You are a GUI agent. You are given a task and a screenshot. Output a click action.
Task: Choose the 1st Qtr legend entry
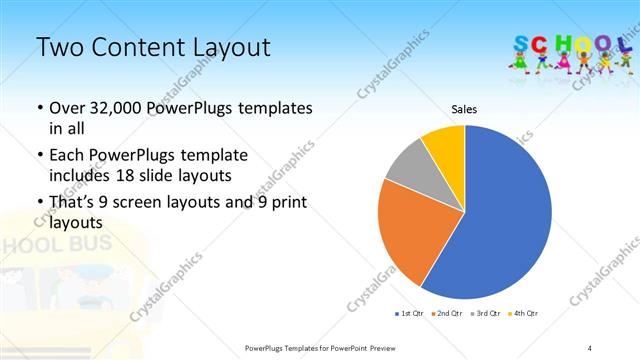pyautogui.click(x=411, y=314)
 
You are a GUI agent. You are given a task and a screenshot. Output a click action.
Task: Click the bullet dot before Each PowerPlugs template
pyautogui.click(x=39, y=157)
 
